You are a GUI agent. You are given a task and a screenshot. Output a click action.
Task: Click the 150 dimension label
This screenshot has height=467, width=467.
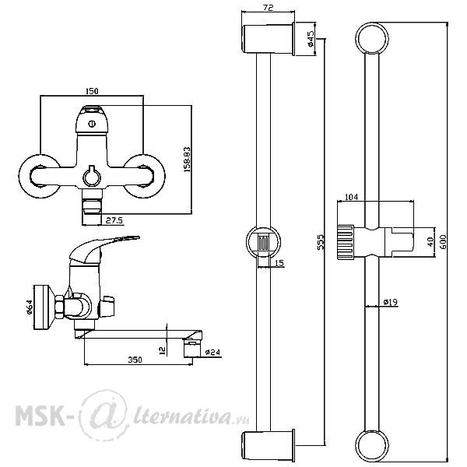92,90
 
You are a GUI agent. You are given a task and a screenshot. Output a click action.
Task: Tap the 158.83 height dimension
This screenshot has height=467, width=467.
187,160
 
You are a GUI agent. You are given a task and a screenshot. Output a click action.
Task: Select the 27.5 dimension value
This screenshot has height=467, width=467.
114,220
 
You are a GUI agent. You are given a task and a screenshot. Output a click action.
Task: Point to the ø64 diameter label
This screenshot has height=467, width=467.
29,307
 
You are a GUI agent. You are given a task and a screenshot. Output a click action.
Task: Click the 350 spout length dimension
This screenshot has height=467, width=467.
135,360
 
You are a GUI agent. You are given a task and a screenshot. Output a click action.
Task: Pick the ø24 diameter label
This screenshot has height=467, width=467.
212,353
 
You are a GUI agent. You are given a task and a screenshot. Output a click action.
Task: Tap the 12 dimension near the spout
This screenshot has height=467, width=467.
163,350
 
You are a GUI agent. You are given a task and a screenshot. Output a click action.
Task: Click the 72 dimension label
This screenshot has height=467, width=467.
269,8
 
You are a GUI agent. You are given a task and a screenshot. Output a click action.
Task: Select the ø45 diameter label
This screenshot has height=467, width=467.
311,39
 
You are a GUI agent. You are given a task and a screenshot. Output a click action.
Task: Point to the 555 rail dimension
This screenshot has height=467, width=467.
320,242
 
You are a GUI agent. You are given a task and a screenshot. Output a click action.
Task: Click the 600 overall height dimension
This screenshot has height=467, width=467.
443,242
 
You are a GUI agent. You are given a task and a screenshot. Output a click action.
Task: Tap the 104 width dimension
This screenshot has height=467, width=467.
352,197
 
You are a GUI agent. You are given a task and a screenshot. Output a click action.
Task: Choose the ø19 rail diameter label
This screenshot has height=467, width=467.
391,302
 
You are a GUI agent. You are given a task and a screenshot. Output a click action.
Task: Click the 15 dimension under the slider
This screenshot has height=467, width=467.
279,263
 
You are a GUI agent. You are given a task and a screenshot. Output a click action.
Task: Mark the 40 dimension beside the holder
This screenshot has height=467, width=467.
430,241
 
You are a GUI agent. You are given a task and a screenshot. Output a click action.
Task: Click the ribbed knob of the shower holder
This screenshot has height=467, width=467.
346,241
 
